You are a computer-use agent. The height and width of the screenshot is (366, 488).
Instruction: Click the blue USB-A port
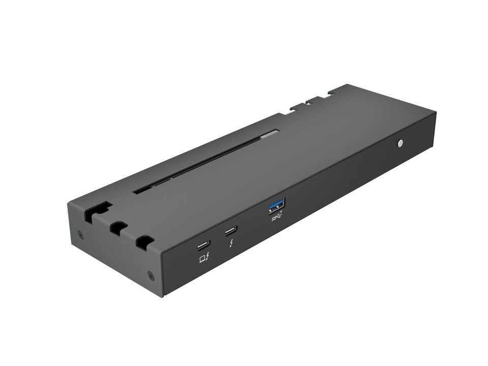click(x=277, y=205)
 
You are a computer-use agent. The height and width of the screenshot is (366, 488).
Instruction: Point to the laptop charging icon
click(x=204, y=259)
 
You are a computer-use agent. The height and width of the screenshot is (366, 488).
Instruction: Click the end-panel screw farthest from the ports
click(x=80, y=234)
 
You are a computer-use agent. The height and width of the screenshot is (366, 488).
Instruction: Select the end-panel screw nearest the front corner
click(x=150, y=276)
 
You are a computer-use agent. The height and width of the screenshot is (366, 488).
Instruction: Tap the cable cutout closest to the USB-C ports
click(x=144, y=242)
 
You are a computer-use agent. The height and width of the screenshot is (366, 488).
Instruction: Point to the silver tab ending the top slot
click(x=272, y=134)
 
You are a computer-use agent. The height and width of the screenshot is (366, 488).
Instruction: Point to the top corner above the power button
click(x=436, y=112)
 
